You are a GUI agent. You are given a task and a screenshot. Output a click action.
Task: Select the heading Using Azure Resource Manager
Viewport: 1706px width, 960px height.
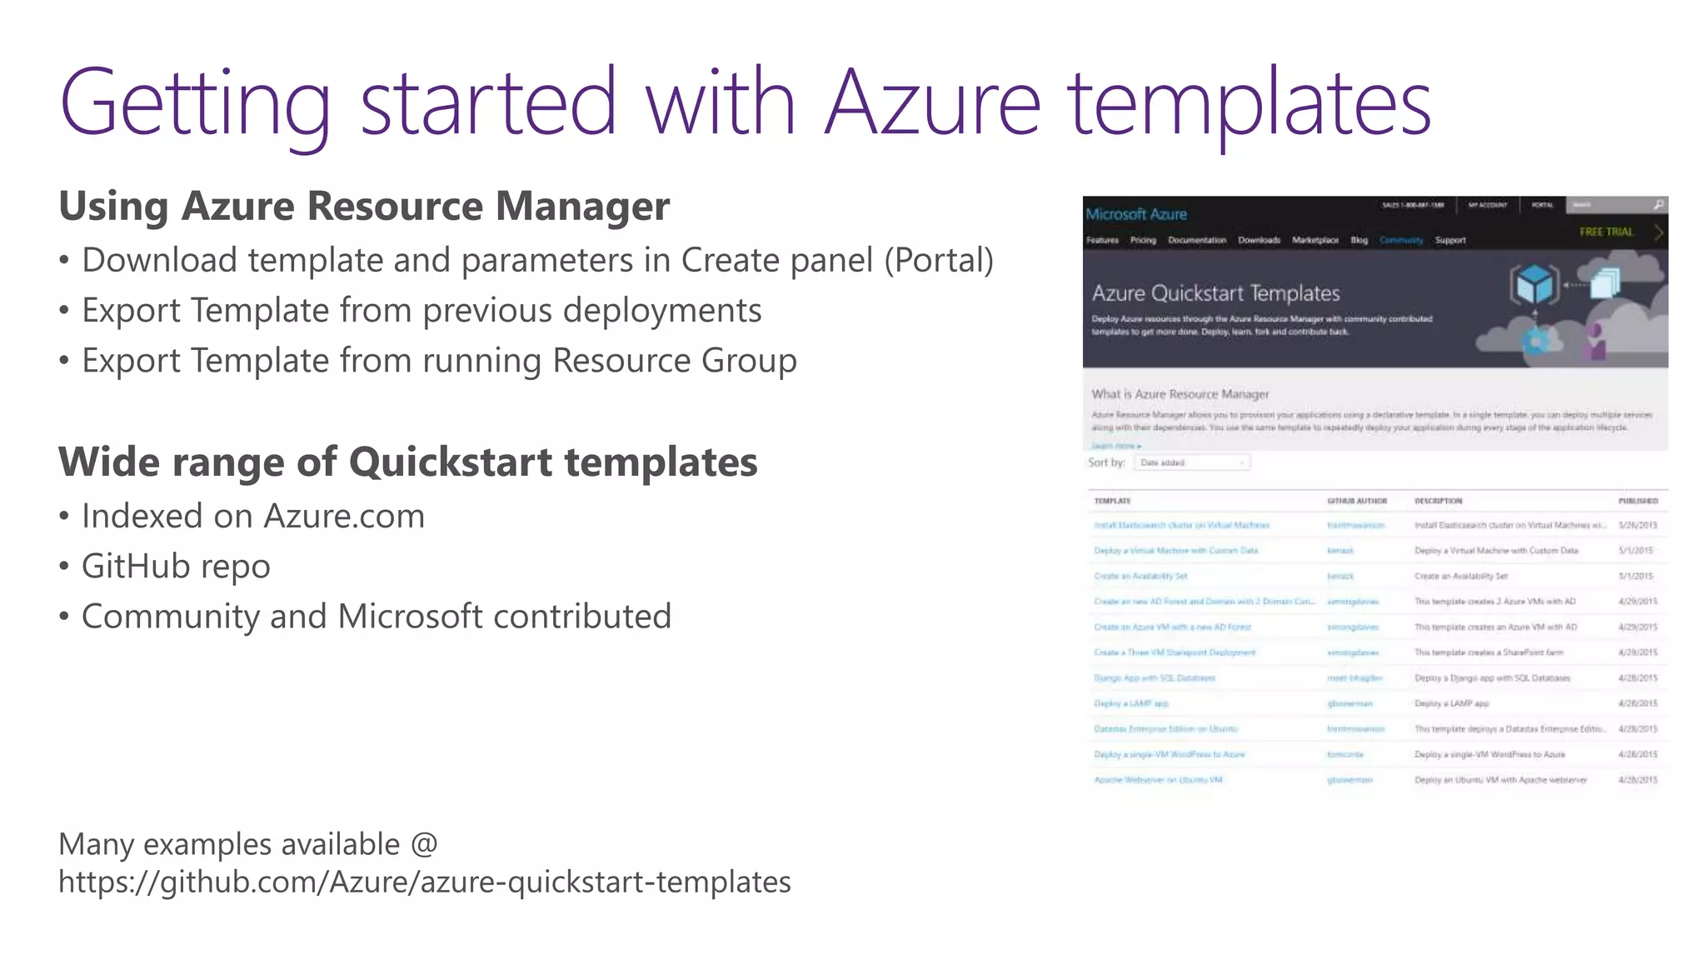[x=364, y=206]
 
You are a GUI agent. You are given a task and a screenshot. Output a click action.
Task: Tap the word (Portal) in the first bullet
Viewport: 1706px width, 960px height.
[x=939, y=260]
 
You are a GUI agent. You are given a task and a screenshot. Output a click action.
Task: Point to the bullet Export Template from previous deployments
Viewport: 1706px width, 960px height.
[x=422, y=311]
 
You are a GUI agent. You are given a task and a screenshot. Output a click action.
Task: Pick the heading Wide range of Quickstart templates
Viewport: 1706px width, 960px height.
[x=408, y=462]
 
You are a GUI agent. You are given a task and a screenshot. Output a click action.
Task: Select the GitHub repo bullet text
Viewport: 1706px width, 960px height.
[x=176, y=567]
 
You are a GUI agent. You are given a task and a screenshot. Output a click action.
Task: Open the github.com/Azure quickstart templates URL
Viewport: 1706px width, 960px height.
[x=425, y=882]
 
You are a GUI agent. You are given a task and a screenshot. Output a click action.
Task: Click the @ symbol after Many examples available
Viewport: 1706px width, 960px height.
[x=424, y=844]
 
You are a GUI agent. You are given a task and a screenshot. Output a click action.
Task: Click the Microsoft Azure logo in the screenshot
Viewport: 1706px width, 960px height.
[x=1136, y=214]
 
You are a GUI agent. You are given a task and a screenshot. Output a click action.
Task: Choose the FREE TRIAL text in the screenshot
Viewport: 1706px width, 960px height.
[x=1606, y=232]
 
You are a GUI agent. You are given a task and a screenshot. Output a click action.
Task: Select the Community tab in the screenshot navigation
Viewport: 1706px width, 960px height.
[x=1401, y=240]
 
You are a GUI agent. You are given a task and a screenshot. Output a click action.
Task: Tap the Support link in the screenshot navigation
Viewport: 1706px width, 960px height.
[x=1450, y=240]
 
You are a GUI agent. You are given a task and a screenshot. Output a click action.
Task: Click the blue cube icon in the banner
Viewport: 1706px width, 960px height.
[x=1534, y=285]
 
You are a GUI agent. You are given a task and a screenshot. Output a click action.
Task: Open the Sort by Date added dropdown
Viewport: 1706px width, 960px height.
[x=1192, y=462]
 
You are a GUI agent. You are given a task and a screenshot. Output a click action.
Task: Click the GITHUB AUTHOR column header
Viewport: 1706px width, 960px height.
[x=1357, y=501]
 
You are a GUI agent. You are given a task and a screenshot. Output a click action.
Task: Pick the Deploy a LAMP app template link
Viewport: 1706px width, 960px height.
[x=1130, y=703]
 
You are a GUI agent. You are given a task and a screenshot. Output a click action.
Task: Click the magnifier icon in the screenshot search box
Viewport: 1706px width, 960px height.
[x=1658, y=205]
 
